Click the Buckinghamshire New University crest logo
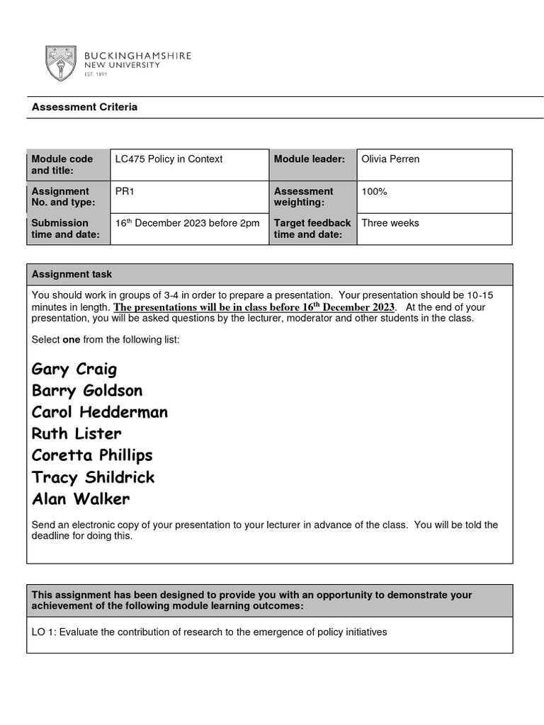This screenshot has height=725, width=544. click(x=62, y=63)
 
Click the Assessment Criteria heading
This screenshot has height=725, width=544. click(x=84, y=108)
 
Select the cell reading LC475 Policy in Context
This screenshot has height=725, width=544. click(x=169, y=159)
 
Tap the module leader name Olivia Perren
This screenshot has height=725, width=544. click(x=390, y=159)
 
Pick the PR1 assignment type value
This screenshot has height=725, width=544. click(x=124, y=191)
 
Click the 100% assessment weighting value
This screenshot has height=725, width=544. click(x=374, y=191)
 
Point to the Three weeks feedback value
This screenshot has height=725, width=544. click(x=390, y=223)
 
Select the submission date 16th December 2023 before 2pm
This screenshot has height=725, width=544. click(x=187, y=223)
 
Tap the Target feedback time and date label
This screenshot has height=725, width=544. click(x=312, y=229)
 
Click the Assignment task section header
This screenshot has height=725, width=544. click(x=72, y=274)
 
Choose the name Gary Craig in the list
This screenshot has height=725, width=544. click(x=74, y=369)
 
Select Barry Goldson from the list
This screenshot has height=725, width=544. click(x=87, y=391)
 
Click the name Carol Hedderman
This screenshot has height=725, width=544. click(x=100, y=412)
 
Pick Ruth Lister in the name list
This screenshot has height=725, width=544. click(x=76, y=433)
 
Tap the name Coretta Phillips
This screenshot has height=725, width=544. click(x=92, y=455)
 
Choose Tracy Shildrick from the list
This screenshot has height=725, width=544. click(x=93, y=477)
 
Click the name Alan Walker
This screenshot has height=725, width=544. click(x=81, y=499)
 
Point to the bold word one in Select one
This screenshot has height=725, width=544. click(x=72, y=340)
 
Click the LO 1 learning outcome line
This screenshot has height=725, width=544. click(x=209, y=632)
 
